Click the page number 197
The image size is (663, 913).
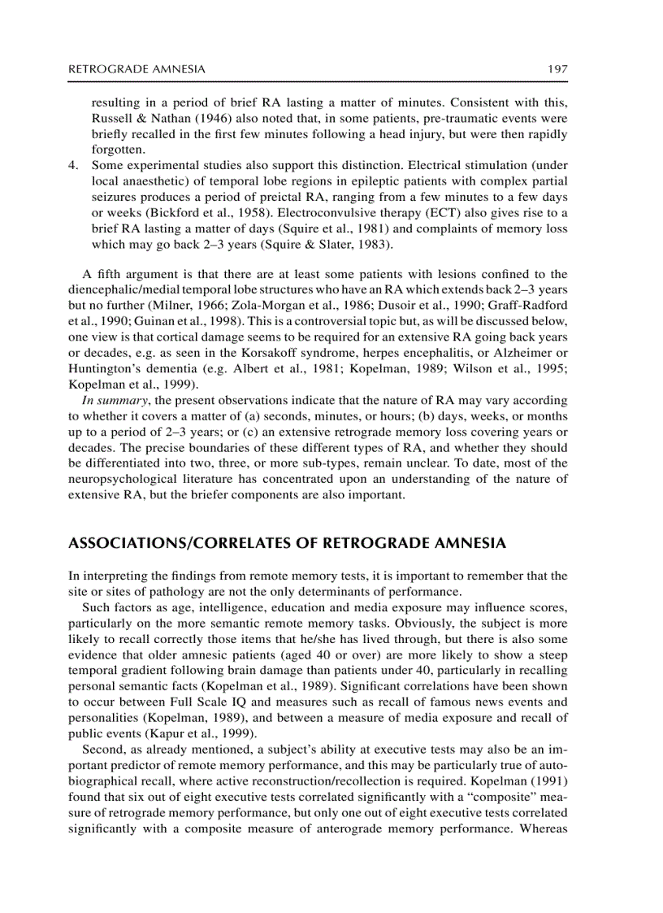point(557,69)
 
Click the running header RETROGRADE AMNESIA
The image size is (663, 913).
point(136,69)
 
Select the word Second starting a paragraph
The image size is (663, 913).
point(102,747)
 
